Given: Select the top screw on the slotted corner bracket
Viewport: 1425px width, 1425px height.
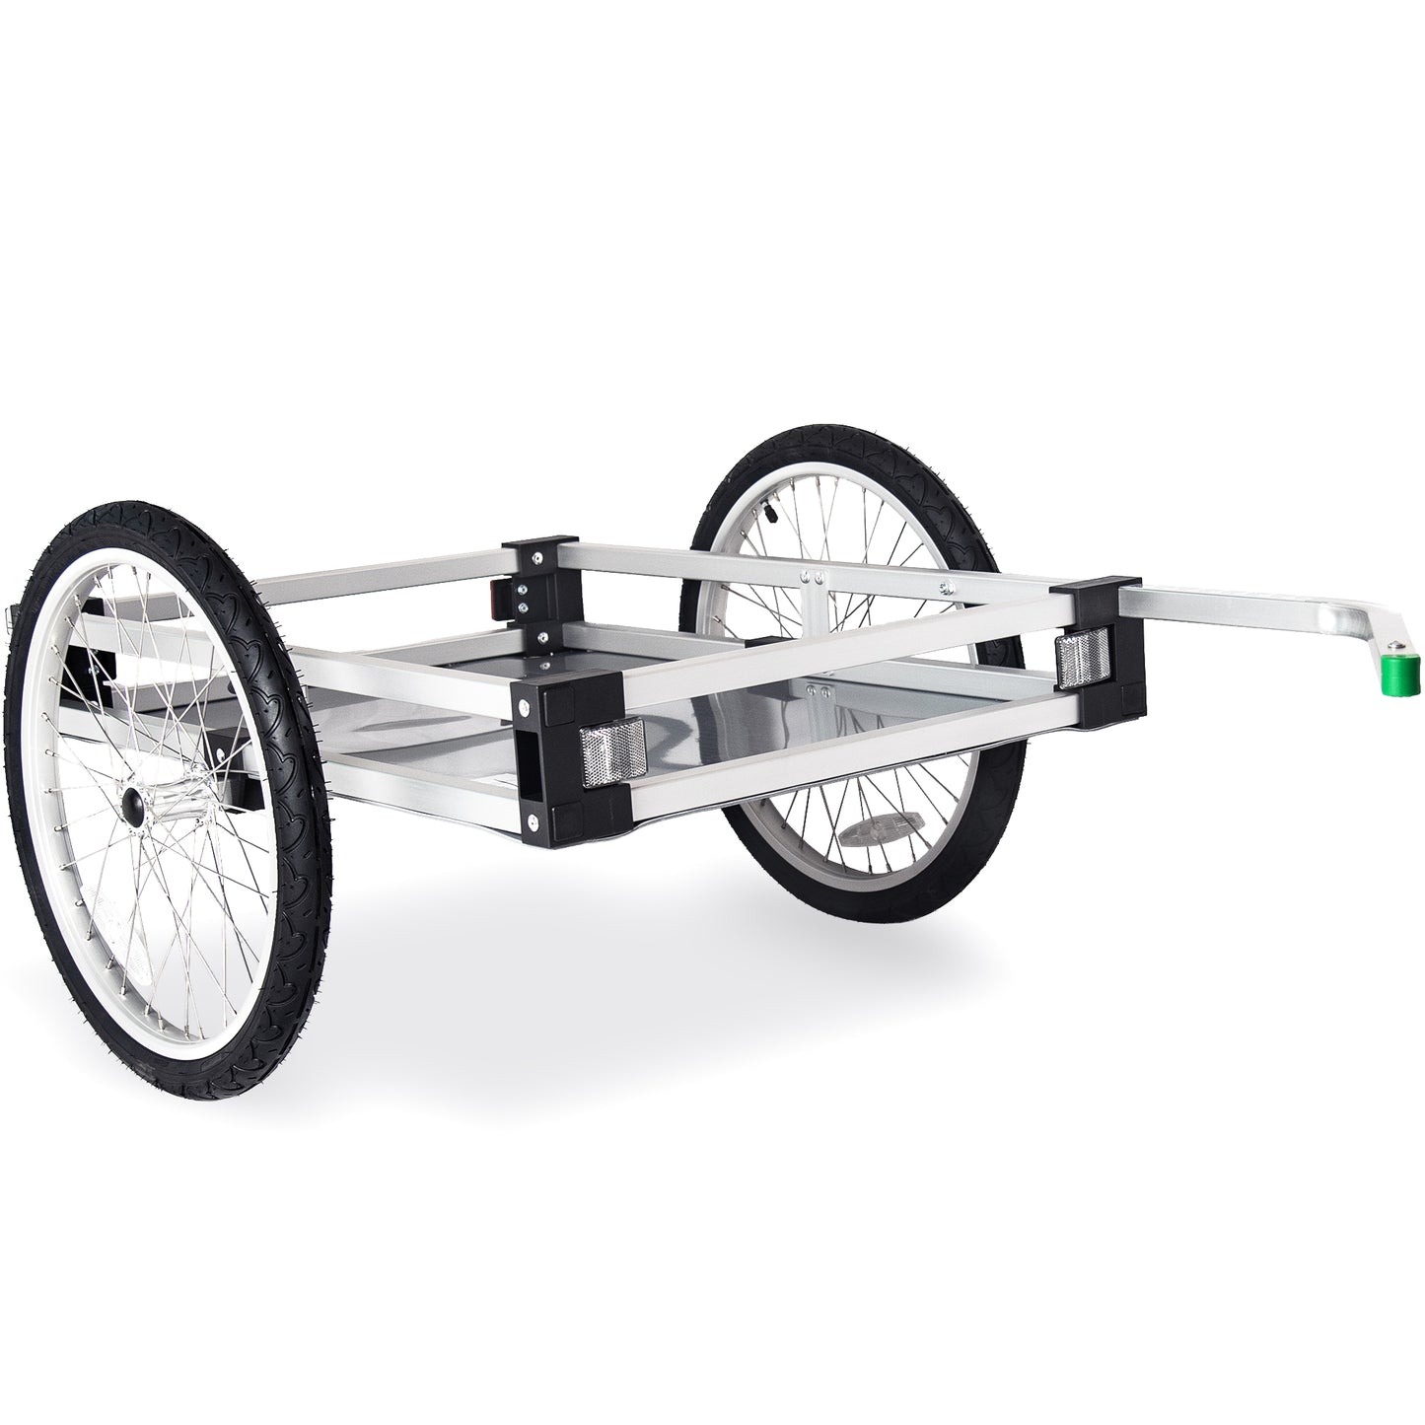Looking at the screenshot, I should click(x=532, y=679).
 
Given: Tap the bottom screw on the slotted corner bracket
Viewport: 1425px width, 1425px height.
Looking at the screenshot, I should click(x=534, y=821).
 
